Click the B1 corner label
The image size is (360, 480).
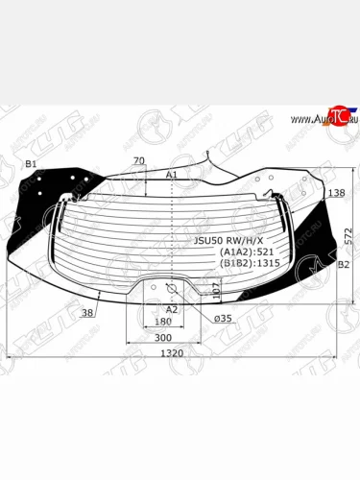31,164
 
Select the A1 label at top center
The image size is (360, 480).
172,175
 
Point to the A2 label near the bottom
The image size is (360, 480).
172,309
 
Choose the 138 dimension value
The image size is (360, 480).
336,193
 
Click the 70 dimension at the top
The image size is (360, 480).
139,160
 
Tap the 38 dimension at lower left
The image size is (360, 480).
87,313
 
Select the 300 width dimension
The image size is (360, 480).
162,338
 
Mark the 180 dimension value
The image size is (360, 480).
163,322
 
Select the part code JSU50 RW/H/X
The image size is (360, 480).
228,241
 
